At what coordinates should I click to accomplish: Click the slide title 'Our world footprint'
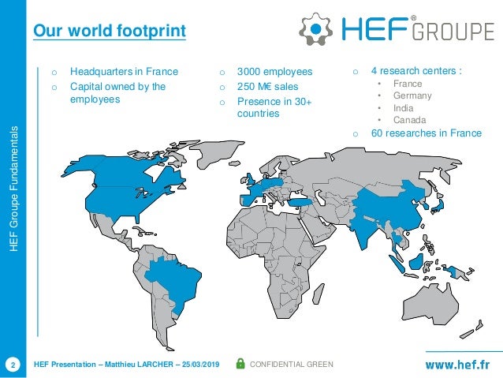[109, 32]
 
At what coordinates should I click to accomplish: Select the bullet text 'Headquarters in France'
[123, 72]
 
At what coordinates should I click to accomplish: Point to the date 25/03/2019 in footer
[203, 364]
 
